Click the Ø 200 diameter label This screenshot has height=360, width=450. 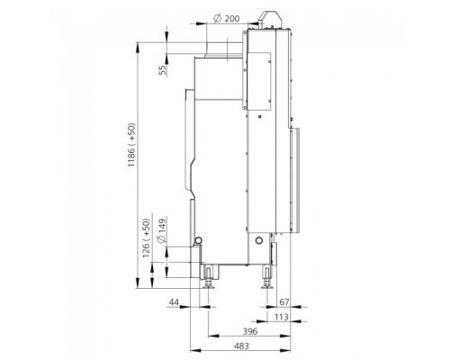click(227, 19)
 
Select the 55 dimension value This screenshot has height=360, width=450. click(162, 70)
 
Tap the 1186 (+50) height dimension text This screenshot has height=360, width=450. click(131, 145)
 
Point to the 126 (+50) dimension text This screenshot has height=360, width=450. click(146, 238)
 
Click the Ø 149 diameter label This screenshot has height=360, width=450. click(161, 231)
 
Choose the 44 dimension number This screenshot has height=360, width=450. click(174, 302)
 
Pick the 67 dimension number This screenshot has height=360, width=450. click(283, 302)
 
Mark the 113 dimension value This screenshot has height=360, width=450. click(281, 317)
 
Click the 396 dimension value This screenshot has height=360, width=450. click(250, 331)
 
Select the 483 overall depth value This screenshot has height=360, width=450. click(241, 346)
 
